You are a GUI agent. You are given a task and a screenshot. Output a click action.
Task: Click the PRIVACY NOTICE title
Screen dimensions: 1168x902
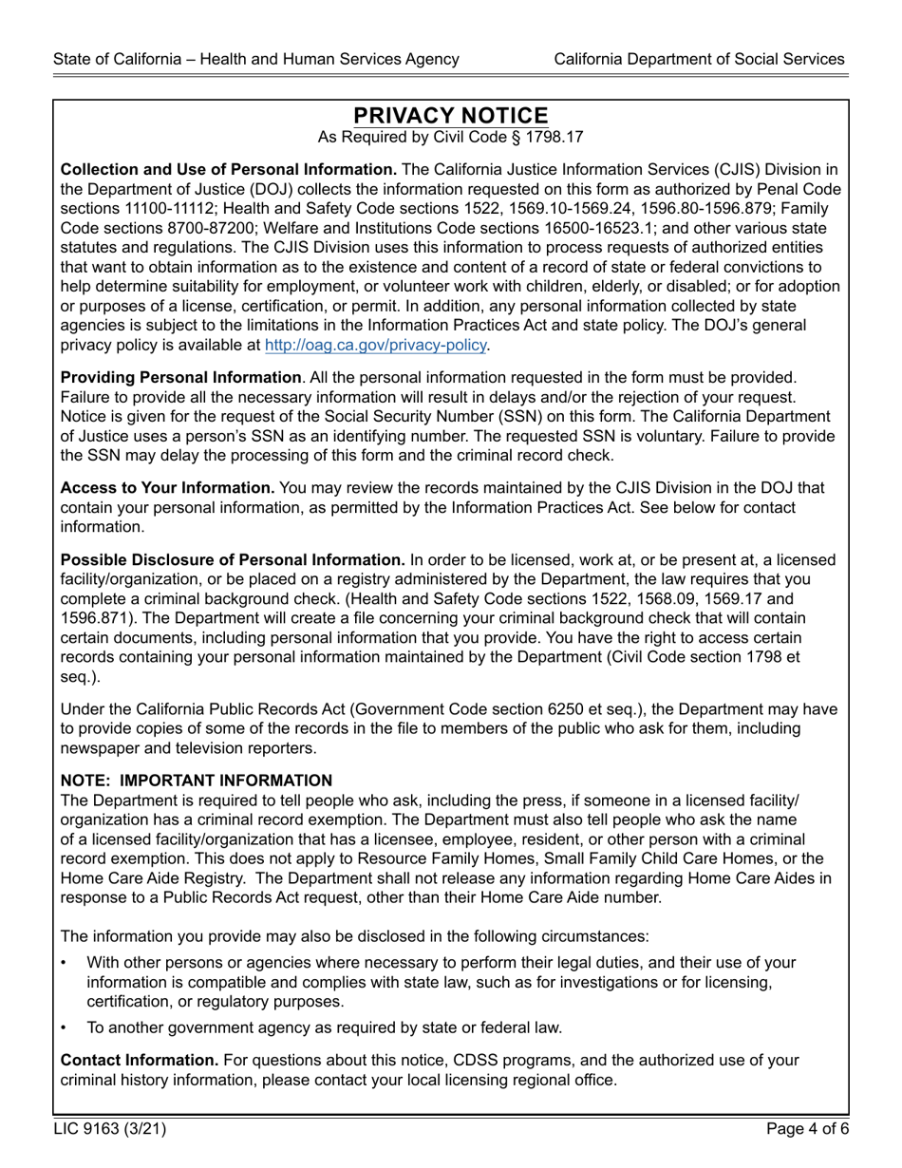tap(451, 116)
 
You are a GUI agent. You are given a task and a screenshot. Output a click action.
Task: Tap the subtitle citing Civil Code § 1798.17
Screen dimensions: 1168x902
tap(451, 138)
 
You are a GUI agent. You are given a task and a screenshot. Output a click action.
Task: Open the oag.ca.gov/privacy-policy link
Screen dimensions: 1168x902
tap(375, 345)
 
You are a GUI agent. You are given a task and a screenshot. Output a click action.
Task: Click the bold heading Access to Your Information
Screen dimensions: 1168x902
tap(167, 488)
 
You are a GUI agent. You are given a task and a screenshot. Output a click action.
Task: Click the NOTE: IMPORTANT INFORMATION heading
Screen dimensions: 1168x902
tap(197, 781)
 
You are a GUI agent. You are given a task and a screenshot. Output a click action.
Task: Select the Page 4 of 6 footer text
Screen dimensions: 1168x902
tap(806, 1129)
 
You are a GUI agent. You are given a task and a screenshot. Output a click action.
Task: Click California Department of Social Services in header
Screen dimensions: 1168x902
tap(699, 59)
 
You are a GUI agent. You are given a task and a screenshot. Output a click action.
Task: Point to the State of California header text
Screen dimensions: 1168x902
tap(256, 59)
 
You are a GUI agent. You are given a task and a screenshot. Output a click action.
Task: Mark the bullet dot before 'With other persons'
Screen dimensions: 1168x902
tap(64, 963)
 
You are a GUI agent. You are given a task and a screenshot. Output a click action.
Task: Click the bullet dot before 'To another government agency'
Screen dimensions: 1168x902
tap(64, 1027)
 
